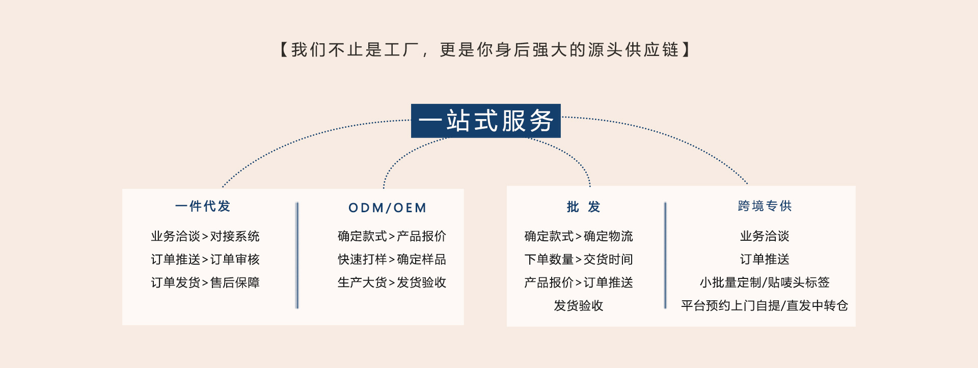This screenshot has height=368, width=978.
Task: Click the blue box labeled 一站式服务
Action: click(485, 121)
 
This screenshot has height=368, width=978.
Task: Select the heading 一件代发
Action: click(203, 206)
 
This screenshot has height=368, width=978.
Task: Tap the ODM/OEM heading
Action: click(388, 208)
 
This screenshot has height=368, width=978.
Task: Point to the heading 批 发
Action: click(583, 207)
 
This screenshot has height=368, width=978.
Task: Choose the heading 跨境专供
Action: click(765, 206)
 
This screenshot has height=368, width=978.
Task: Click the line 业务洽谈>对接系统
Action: click(205, 236)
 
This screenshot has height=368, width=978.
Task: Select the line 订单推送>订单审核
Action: click(205, 260)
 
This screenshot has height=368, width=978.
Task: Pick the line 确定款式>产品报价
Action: click(392, 236)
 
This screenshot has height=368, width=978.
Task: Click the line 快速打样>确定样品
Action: click(392, 260)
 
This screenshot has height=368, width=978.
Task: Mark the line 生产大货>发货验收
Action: click(392, 282)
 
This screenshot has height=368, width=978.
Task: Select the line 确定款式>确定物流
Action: click(579, 236)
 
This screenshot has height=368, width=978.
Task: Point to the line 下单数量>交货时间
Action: click(579, 260)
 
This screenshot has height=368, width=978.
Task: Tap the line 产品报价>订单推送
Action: click(579, 282)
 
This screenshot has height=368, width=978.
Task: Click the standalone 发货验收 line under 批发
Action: click(579, 305)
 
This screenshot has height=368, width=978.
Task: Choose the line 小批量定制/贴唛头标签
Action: click(765, 282)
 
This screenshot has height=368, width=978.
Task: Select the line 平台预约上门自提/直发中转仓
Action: click(765, 305)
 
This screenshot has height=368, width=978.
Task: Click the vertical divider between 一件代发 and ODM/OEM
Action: click(297, 255)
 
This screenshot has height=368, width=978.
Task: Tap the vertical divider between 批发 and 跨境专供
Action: click(665, 255)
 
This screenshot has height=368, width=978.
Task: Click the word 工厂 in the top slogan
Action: click(402, 50)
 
